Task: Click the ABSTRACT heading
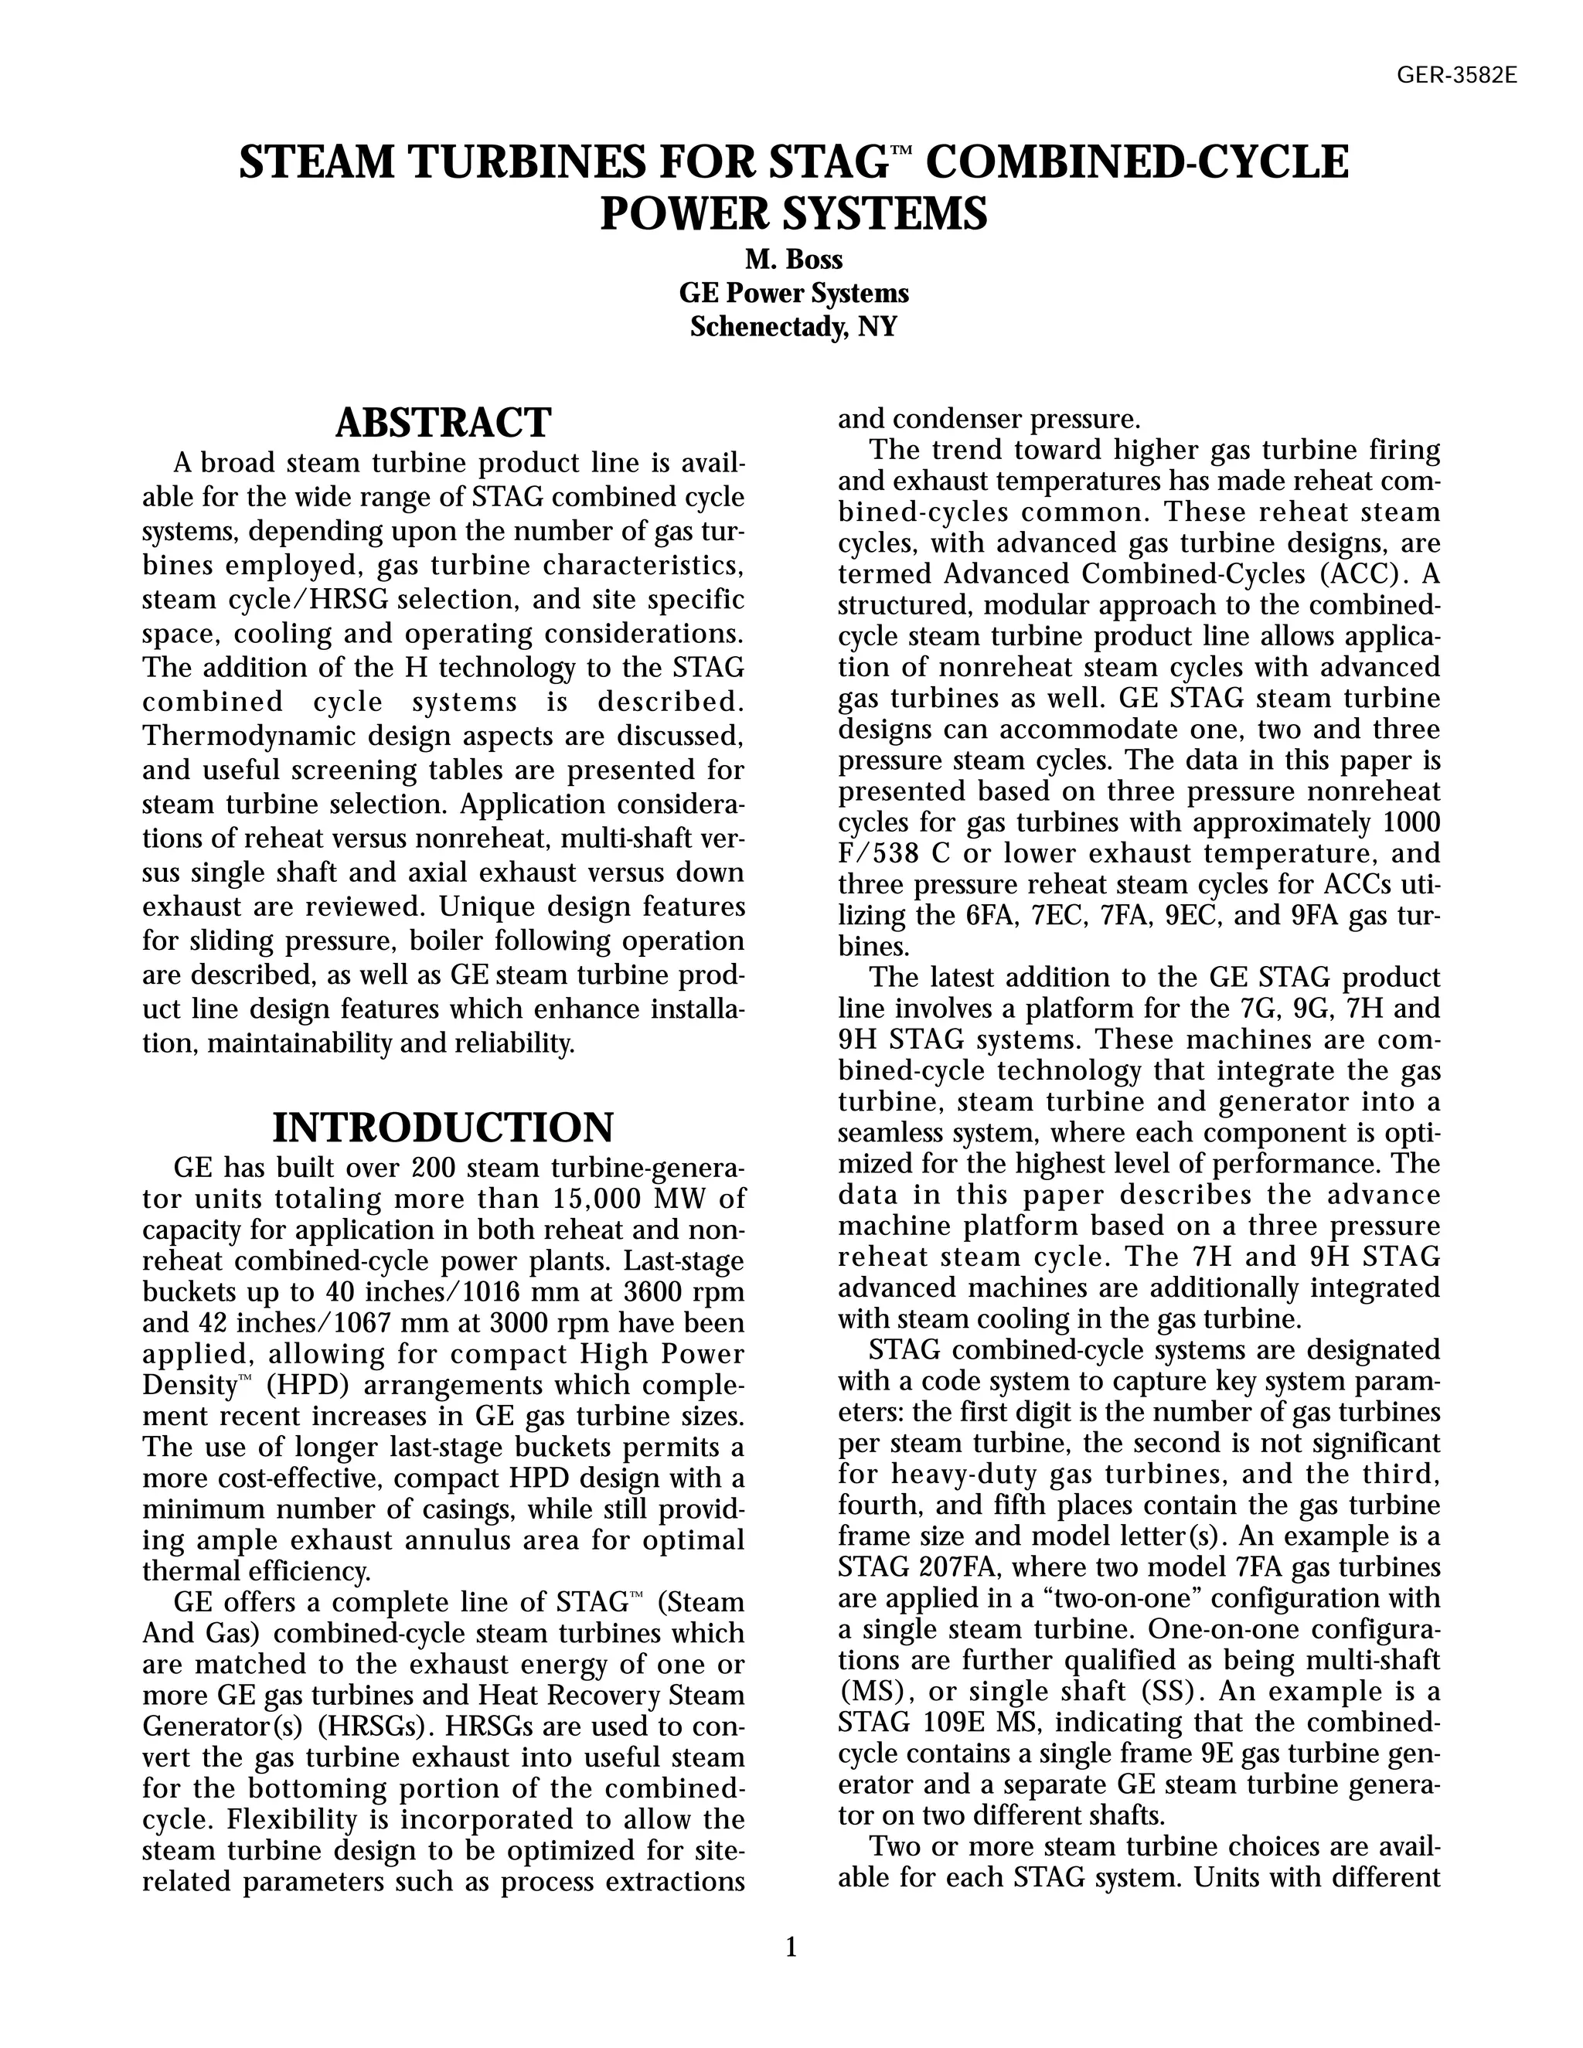[x=443, y=423]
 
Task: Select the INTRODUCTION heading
[x=443, y=1127]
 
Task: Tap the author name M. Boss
[x=793, y=260]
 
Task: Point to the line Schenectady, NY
[x=793, y=327]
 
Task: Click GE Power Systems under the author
[x=793, y=294]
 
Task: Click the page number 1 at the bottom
[x=791, y=1948]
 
